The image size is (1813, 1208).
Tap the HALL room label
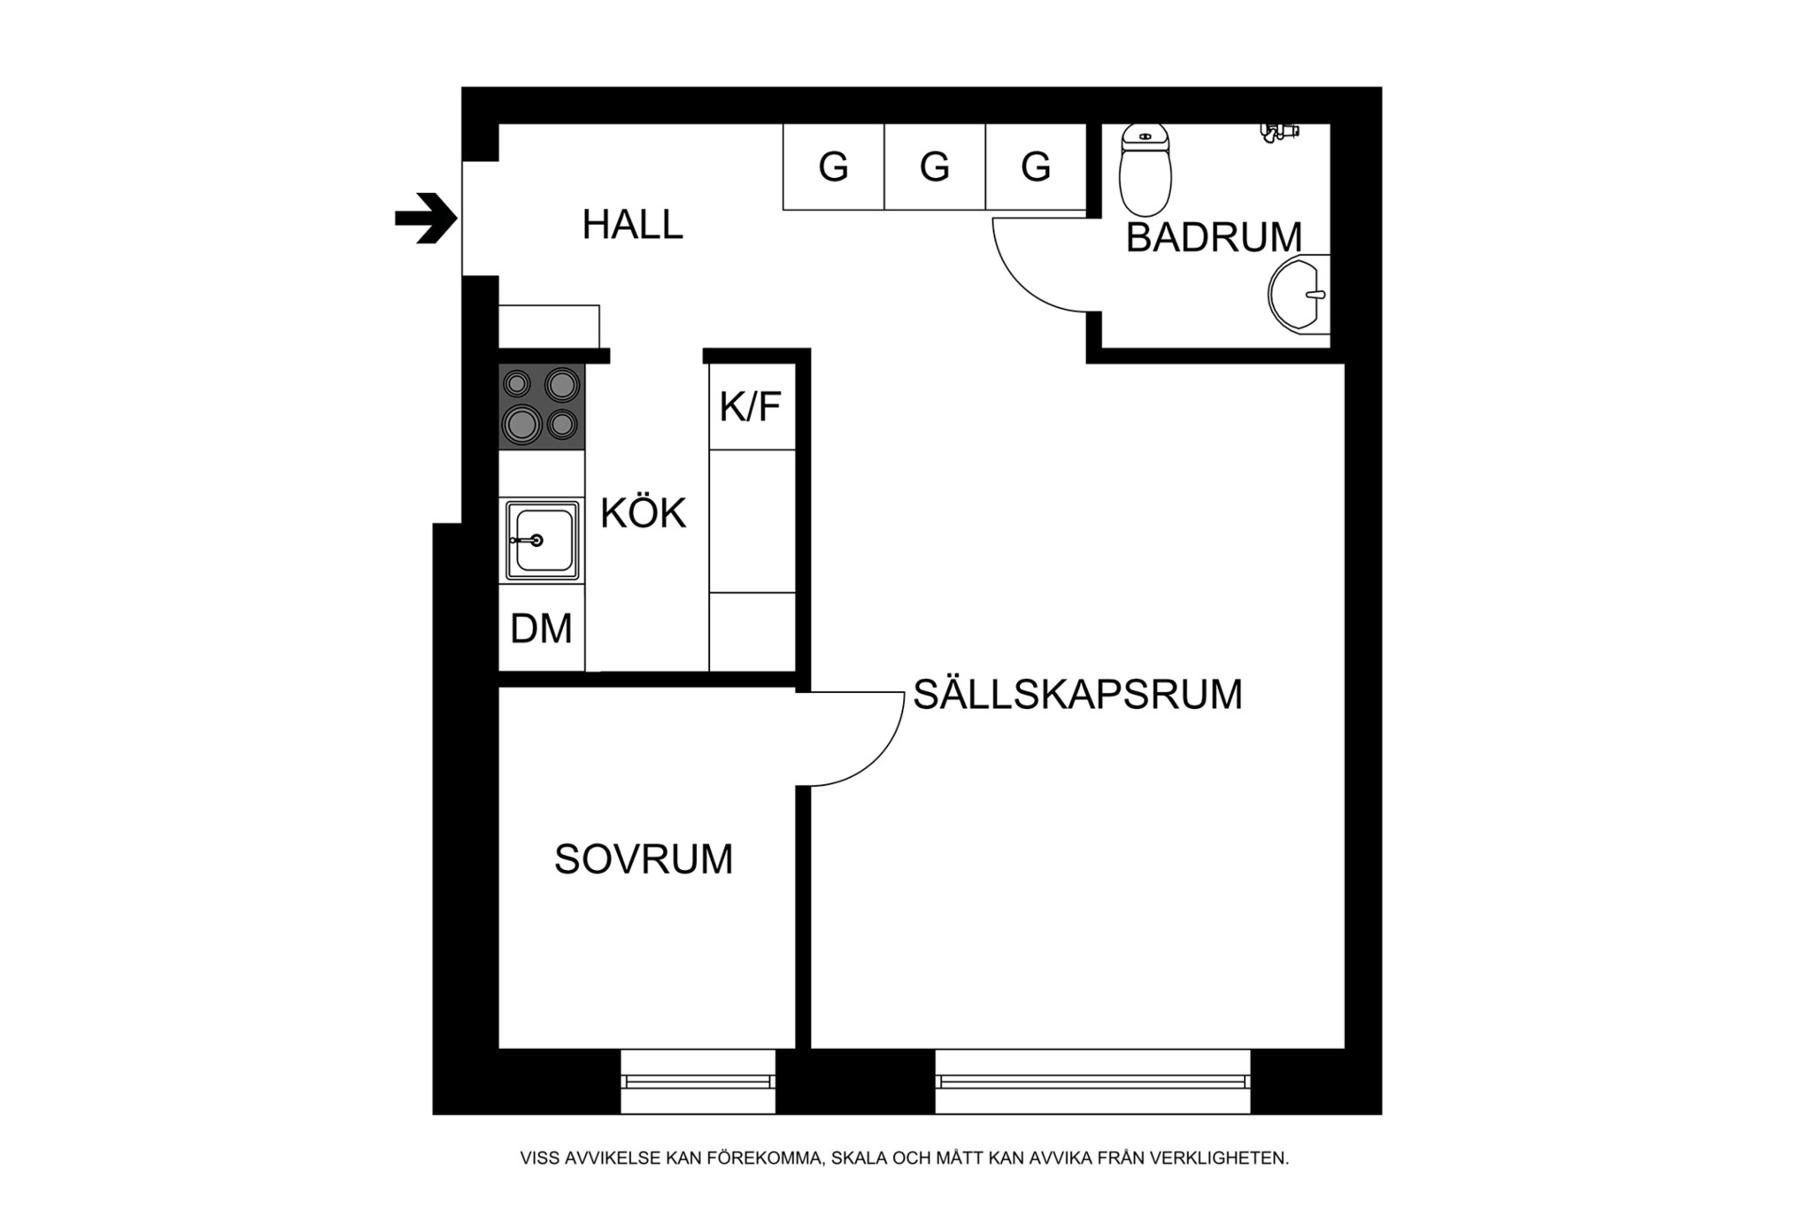(632, 225)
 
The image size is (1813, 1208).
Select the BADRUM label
(1214, 237)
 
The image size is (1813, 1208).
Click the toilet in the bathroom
(1145, 170)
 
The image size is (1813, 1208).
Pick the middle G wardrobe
(935, 166)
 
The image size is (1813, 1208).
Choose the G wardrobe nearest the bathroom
(1036, 166)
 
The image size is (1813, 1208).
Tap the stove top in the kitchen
(541, 406)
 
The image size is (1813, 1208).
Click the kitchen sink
(542, 540)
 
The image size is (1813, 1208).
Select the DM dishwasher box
(541, 628)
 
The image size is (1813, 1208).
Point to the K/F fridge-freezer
(751, 407)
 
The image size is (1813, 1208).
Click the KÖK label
(644, 513)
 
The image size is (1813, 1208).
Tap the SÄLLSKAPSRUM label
(1077, 695)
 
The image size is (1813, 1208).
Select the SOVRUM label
(644, 858)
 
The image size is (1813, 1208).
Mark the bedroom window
(698, 1081)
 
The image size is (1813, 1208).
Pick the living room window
(1092, 1081)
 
